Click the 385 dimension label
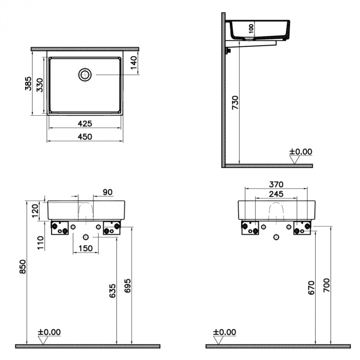tap(29, 83)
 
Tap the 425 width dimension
tap(85, 123)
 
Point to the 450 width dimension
tap(85, 136)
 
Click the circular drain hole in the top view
tap(85, 75)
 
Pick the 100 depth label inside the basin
tap(250, 29)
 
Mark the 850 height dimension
tap(22, 265)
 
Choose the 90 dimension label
tap(107, 192)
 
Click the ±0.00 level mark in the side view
tap(300, 152)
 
